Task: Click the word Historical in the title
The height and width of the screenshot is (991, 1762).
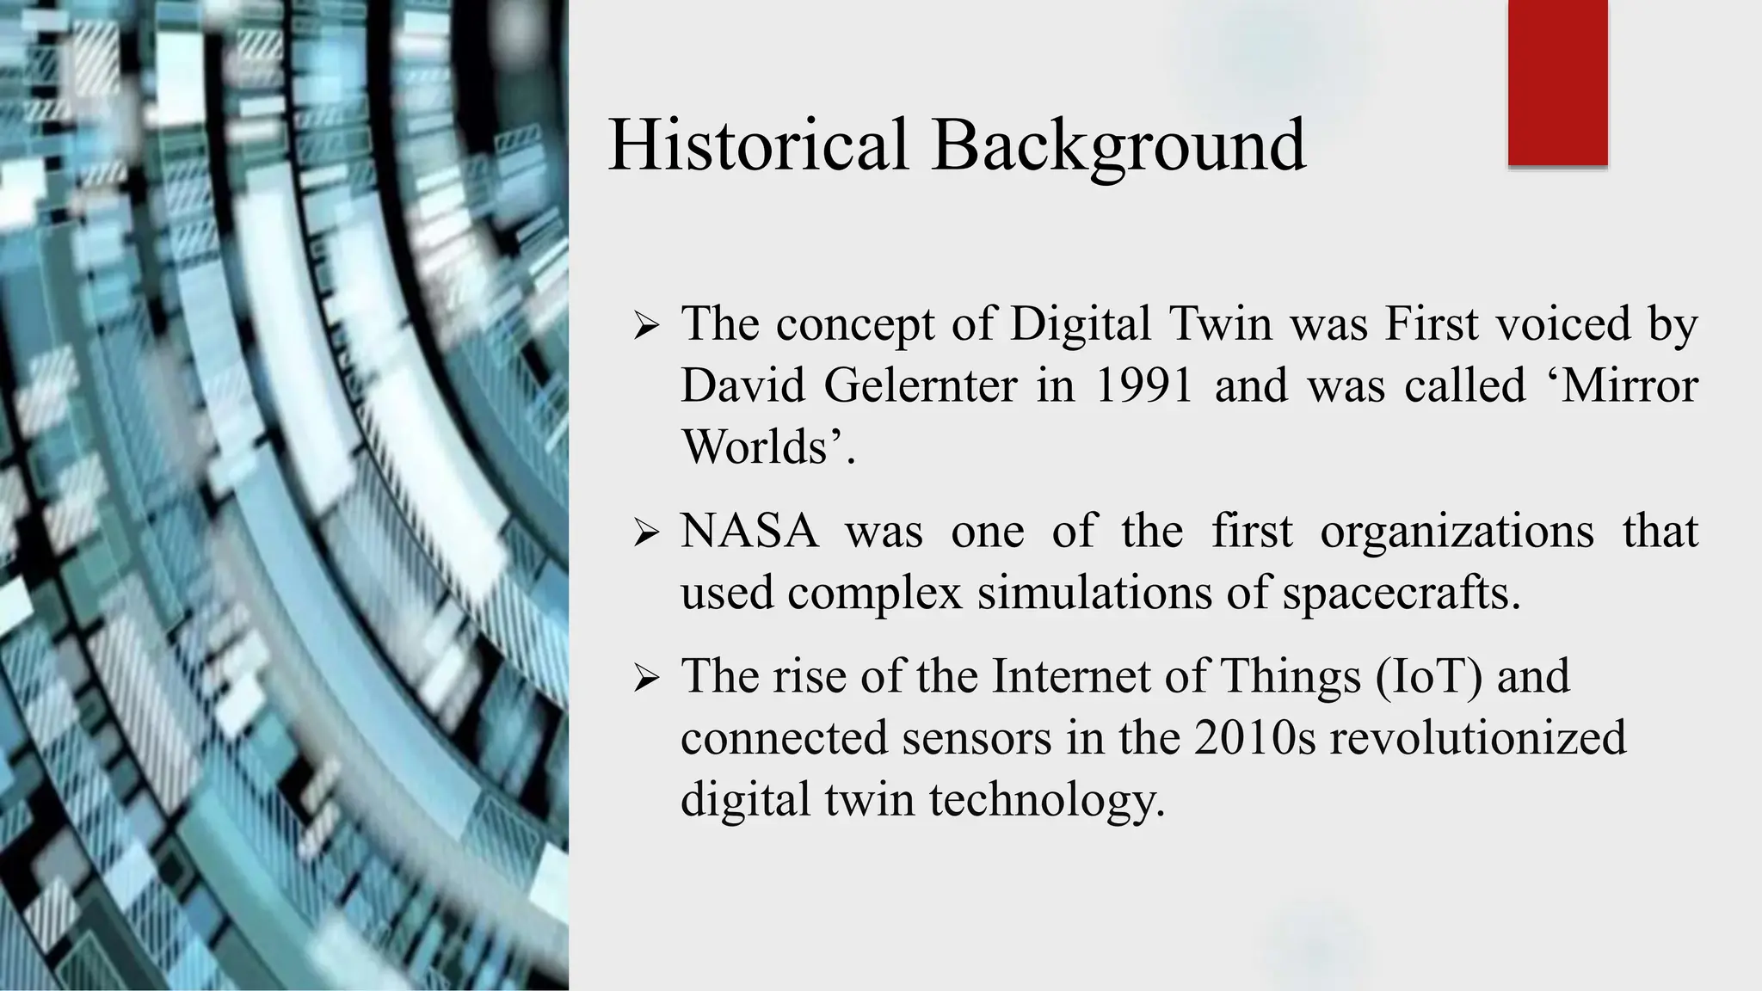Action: pos(757,145)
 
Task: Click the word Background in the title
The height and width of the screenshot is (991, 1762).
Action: pos(1118,145)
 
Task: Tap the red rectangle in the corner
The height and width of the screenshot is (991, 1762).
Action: pos(1557,82)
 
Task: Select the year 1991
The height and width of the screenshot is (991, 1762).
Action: pos(1143,385)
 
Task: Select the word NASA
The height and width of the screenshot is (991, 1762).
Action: pos(749,531)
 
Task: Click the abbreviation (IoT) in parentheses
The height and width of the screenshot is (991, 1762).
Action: pos(1429,675)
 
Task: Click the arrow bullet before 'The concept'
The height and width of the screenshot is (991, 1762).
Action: pos(645,326)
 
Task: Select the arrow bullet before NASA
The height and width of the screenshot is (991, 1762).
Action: pos(645,533)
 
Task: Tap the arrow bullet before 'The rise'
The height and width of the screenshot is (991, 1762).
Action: pos(645,678)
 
